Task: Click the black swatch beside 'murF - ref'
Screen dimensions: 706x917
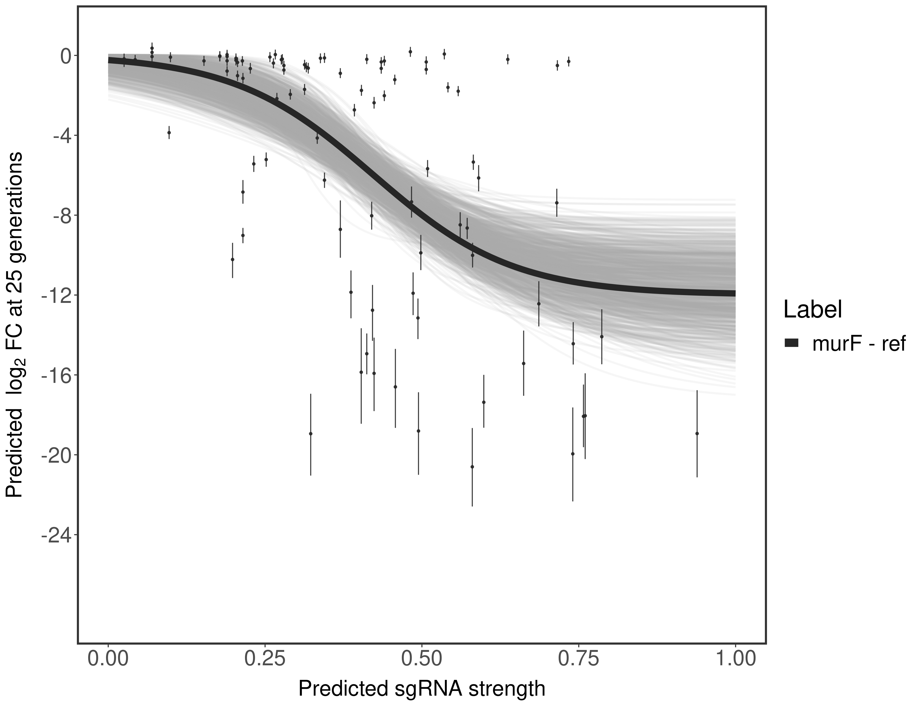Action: (791, 343)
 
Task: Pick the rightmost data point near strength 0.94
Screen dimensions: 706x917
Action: (697, 433)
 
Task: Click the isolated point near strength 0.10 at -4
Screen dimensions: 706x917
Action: (169, 132)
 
